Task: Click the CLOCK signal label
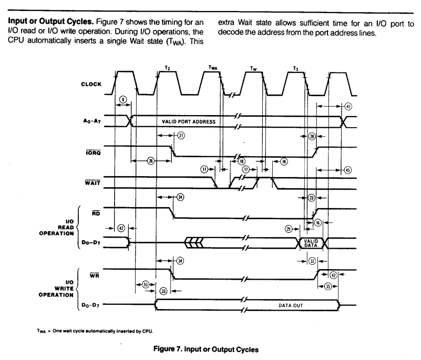point(91,84)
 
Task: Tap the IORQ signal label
point(93,153)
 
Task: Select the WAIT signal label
point(93,183)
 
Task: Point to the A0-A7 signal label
point(92,121)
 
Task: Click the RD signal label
point(96,213)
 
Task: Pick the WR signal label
point(94,275)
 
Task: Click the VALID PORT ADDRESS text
point(189,121)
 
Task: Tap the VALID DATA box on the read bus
point(311,243)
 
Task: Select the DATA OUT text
point(291,305)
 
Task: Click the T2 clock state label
point(167,68)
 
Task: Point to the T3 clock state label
point(295,69)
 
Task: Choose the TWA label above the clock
point(213,68)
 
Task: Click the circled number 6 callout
point(122,100)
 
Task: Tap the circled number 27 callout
point(181,136)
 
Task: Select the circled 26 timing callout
point(151,161)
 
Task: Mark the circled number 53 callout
point(145,284)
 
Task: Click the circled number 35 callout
point(328,286)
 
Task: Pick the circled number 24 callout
point(180,197)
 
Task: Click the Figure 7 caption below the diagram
point(206,349)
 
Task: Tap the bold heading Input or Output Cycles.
point(51,21)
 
